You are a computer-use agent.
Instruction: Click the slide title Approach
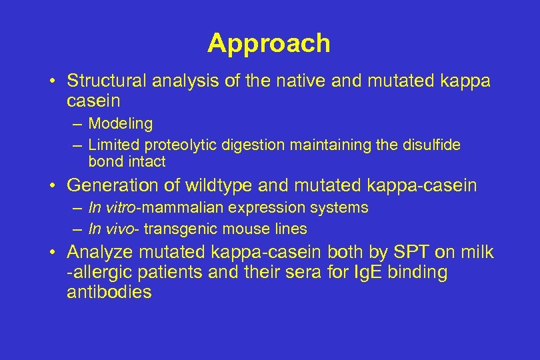(x=269, y=43)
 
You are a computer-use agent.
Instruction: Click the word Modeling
(x=121, y=123)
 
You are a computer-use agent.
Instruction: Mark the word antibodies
(x=109, y=292)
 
